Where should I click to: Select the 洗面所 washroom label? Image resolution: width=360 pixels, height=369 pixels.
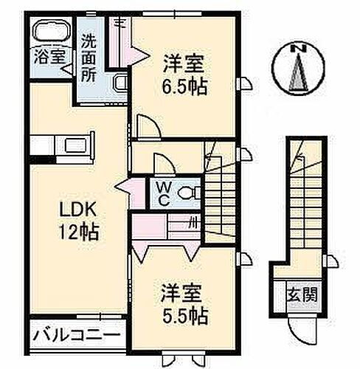point(89,57)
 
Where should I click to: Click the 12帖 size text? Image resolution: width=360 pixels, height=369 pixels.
point(75,233)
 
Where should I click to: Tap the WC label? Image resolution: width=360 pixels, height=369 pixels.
point(161,193)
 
